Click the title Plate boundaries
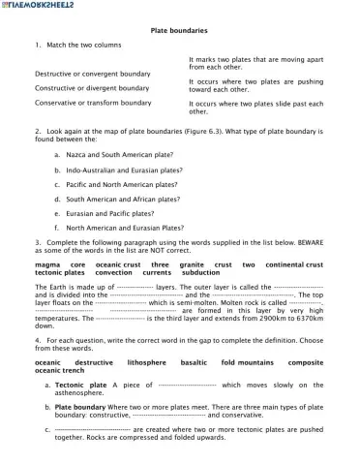coord(181,31)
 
